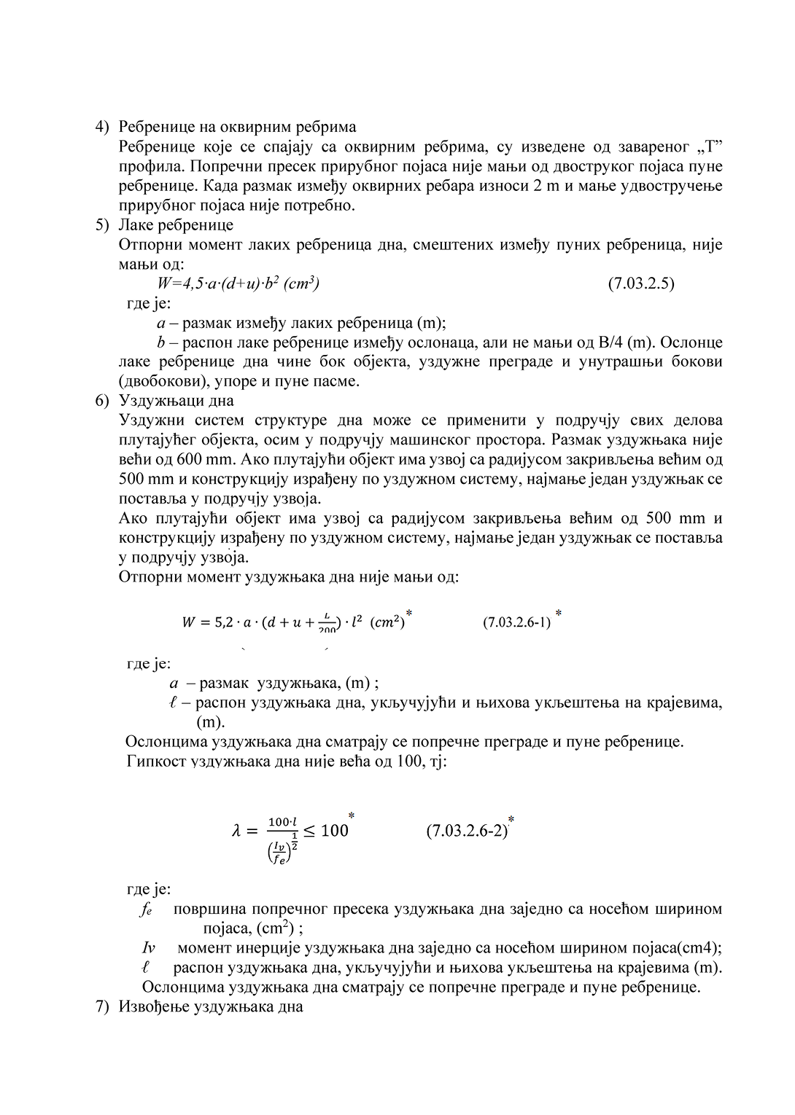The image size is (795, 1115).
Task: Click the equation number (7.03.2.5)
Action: coord(640,283)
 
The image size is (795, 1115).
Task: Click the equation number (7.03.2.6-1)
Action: coord(516,623)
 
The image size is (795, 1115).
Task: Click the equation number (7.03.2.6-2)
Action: coord(467,831)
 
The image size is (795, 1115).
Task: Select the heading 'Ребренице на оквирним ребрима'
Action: coord(237,127)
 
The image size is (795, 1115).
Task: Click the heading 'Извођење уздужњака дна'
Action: coord(210,1007)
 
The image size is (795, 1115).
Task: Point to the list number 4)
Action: coord(102,127)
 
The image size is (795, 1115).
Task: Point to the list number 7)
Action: coord(102,1007)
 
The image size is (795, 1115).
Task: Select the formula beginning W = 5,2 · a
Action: coord(292,623)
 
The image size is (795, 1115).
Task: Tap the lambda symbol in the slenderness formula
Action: coord(236,831)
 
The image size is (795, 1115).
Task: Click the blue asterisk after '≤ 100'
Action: coord(352,815)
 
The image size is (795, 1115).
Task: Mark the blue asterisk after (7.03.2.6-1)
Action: coord(559,614)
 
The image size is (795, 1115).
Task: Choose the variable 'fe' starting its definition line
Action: coord(145,909)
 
